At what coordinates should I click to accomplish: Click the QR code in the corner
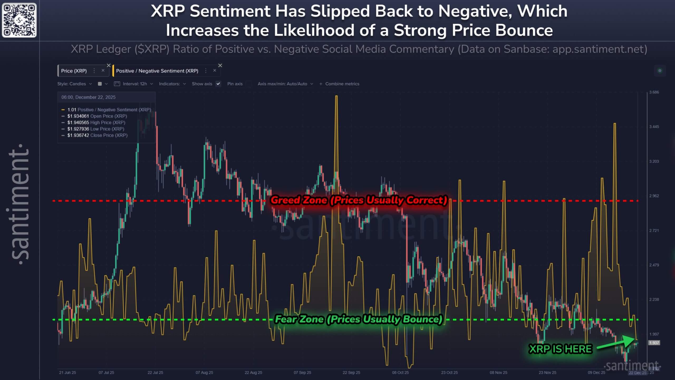click(19, 20)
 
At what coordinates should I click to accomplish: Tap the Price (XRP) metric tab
click(74, 71)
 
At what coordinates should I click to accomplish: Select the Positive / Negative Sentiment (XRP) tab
click(157, 71)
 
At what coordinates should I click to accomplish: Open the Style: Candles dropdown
click(75, 84)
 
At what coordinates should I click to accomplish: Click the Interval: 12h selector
click(134, 84)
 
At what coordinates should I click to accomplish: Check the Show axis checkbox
click(218, 84)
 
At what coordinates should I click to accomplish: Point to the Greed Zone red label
click(359, 200)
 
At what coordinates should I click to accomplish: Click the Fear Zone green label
click(359, 319)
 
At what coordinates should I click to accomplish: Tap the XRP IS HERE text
click(561, 349)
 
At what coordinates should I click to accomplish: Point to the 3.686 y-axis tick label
click(654, 92)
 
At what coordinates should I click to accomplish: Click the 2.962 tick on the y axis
click(654, 196)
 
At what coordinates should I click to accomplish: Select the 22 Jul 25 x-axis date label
click(155, 373)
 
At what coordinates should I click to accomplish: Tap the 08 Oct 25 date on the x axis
click(400, 373)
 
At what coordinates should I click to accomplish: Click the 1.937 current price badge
click(654, 343)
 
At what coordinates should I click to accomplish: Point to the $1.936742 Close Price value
click(78, 135)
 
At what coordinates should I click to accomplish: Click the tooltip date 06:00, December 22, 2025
click(88, 97)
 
